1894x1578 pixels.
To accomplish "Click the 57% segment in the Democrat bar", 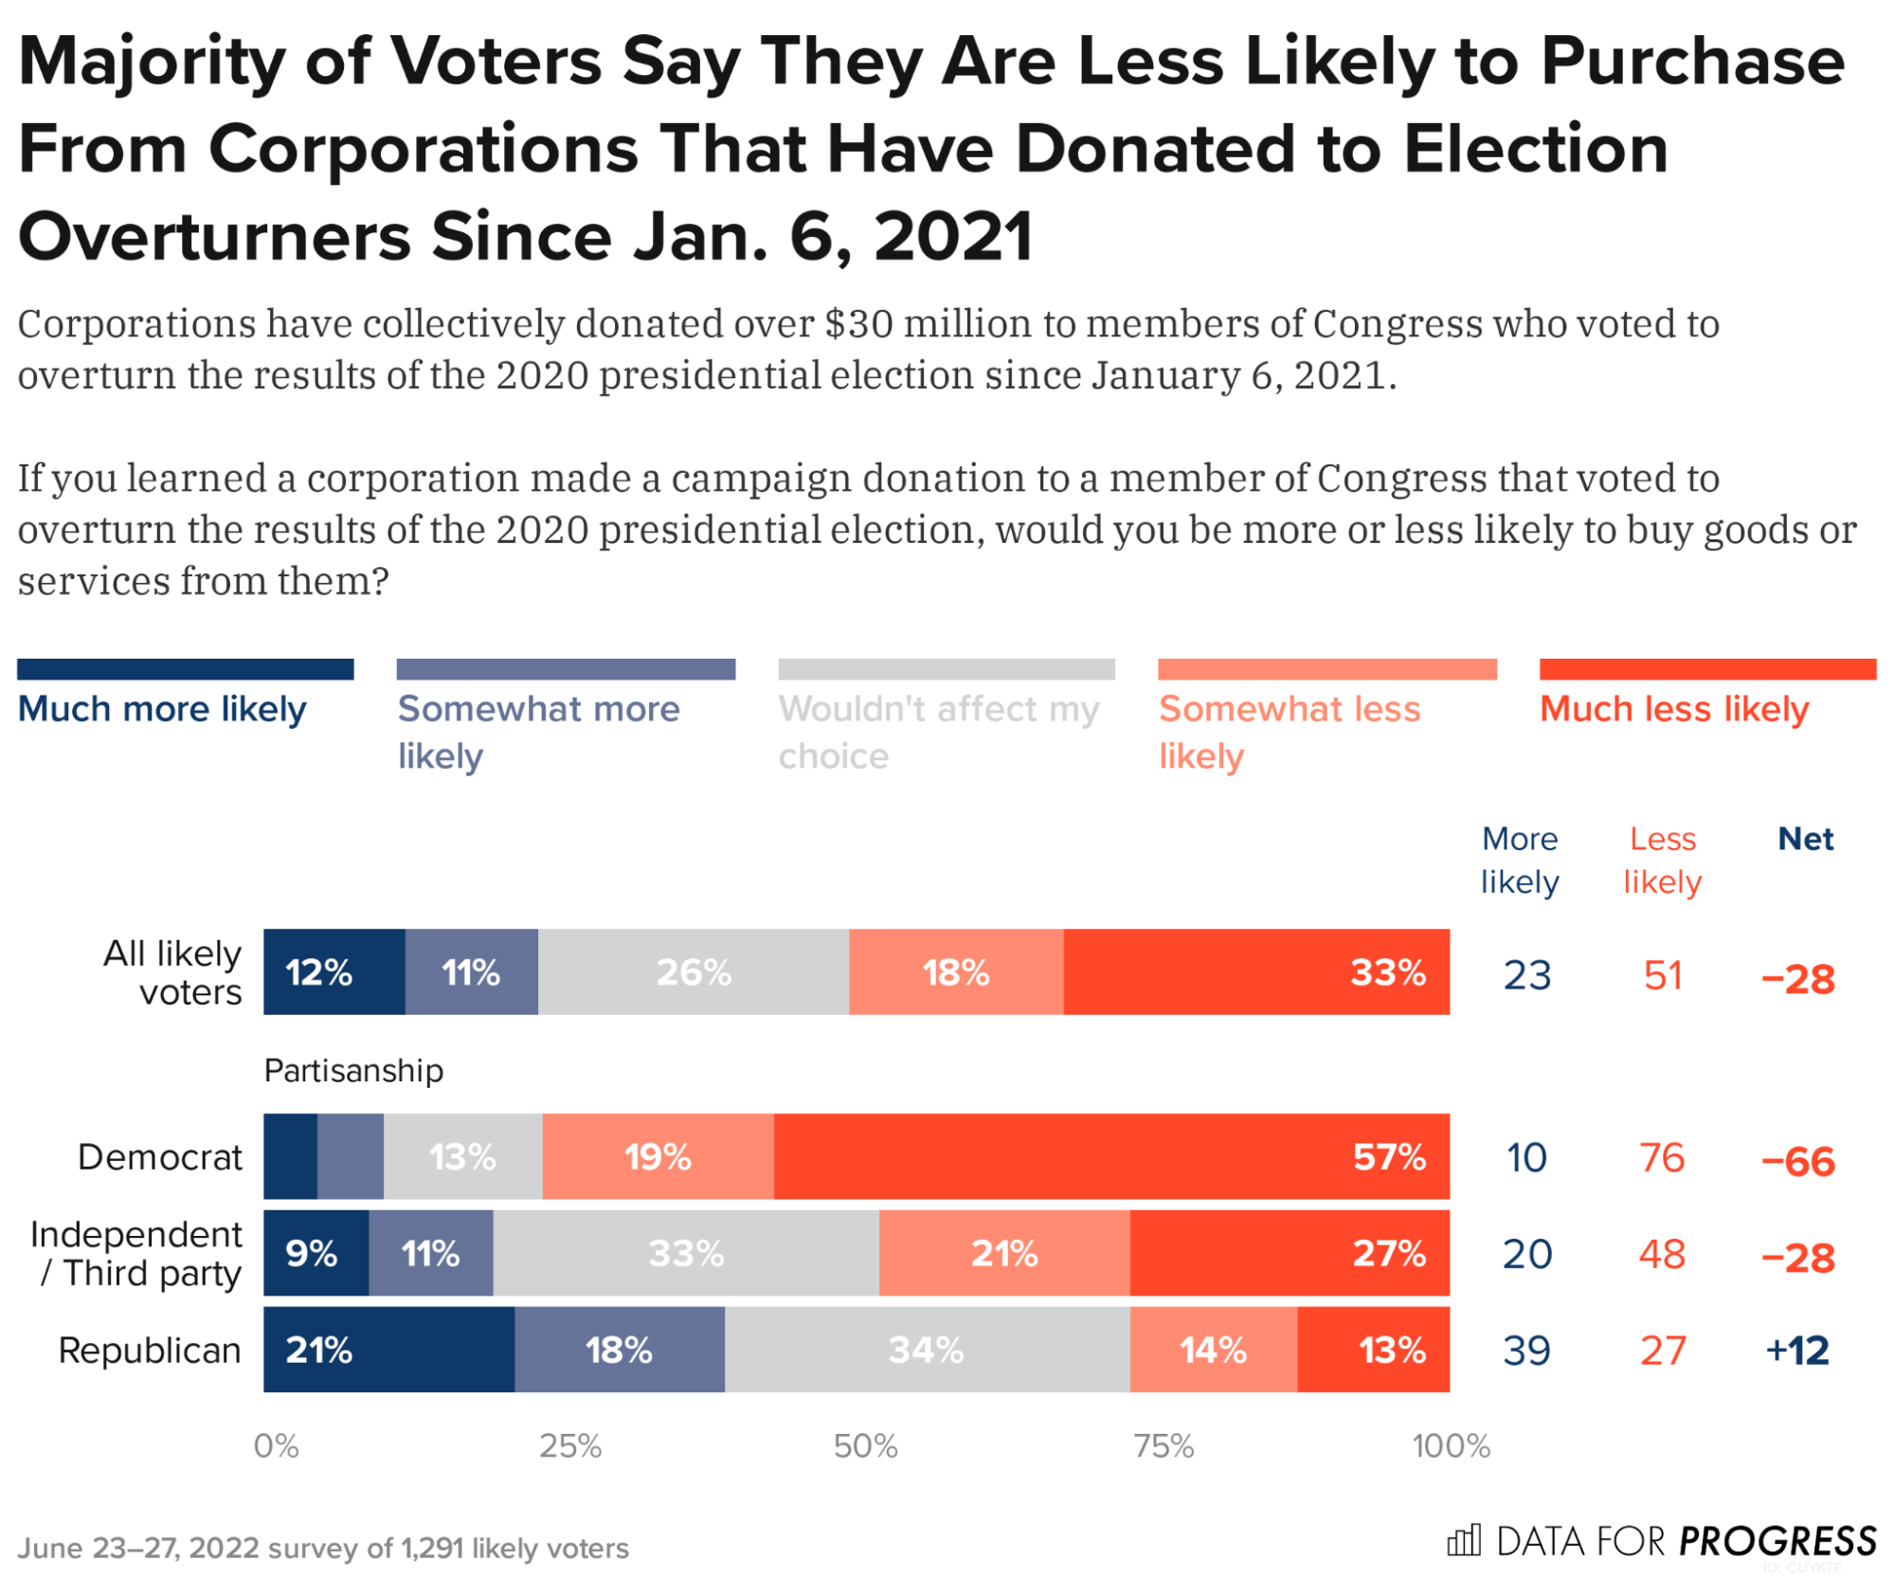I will point(1110,1156).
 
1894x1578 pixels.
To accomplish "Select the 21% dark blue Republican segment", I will point(388,1349).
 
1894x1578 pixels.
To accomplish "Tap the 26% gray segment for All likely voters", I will point(694,971).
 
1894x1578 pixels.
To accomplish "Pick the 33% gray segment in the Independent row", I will point(686,1253).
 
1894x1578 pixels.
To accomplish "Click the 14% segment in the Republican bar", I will point(1213,1349).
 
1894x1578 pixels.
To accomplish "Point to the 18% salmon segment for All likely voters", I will point(956,971).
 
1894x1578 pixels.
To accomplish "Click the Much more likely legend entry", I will point(162,708).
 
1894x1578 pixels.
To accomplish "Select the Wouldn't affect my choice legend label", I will point(938,732).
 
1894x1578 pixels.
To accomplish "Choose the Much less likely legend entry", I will point(1674,708).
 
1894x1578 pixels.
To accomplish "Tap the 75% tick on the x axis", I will point(1163,1446).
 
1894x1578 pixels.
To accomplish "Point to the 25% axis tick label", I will point(570,1446).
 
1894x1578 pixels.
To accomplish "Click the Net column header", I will point(1805,839).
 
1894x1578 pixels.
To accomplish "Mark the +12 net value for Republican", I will point(1797,1350).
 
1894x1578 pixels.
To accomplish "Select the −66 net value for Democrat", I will point(1797,1160).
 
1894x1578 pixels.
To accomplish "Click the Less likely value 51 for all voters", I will point(1663,975).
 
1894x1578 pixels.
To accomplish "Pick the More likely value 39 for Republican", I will point(1526,1350).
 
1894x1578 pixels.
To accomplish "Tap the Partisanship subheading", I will point(353,1070).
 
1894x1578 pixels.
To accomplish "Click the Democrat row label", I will point(160,1156).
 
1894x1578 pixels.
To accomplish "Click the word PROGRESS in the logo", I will point(1777,1541).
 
